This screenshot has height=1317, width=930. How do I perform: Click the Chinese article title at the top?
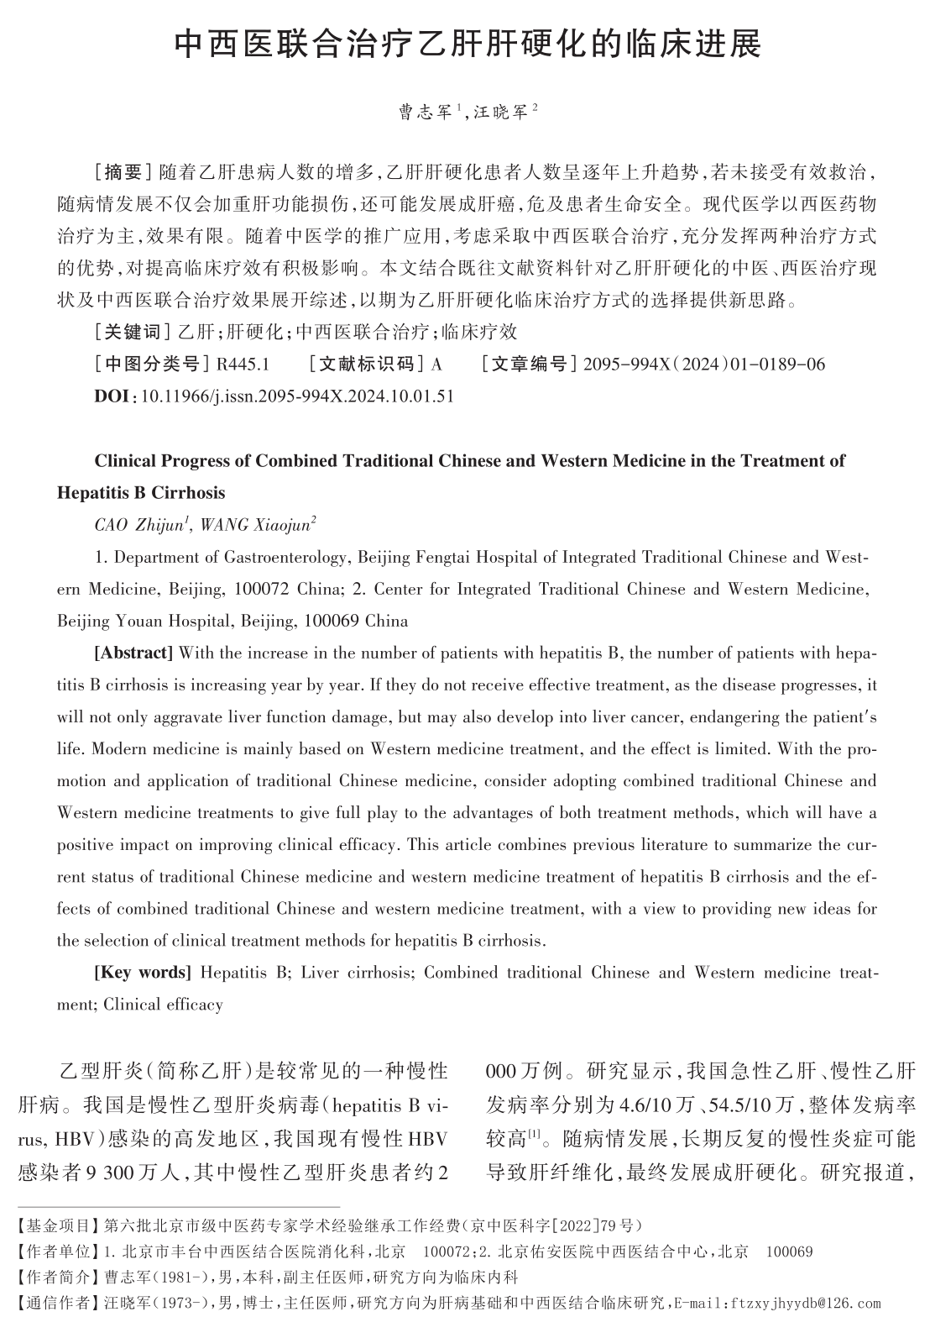467,44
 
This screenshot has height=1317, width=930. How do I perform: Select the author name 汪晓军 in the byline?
500,112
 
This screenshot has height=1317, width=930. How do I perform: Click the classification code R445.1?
243,365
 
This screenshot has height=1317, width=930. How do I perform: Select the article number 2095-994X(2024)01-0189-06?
703,365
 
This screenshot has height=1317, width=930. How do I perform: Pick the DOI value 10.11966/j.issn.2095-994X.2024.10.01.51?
298,396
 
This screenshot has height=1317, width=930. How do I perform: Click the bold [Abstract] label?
133,653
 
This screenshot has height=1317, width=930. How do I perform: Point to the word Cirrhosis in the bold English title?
188,492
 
